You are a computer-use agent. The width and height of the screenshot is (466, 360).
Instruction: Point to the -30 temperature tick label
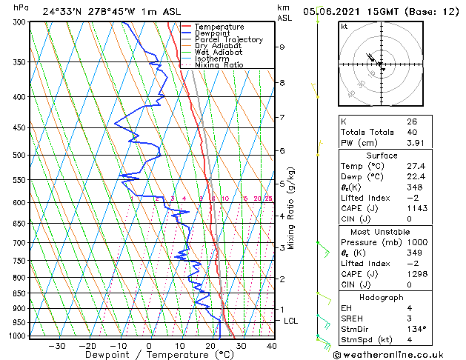(56, 345)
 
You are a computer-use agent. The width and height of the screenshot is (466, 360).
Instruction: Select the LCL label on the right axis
(290, 321)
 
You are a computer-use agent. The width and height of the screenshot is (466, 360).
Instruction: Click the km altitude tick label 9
(282, 47)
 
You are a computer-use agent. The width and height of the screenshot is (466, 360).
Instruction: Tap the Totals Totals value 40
(412, 132)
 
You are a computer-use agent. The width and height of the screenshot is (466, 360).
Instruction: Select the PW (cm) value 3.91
(415, 143)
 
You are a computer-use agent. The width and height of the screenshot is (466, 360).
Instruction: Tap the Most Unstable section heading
(382, 231)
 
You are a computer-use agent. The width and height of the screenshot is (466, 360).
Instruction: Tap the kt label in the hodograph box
(344, 27)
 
